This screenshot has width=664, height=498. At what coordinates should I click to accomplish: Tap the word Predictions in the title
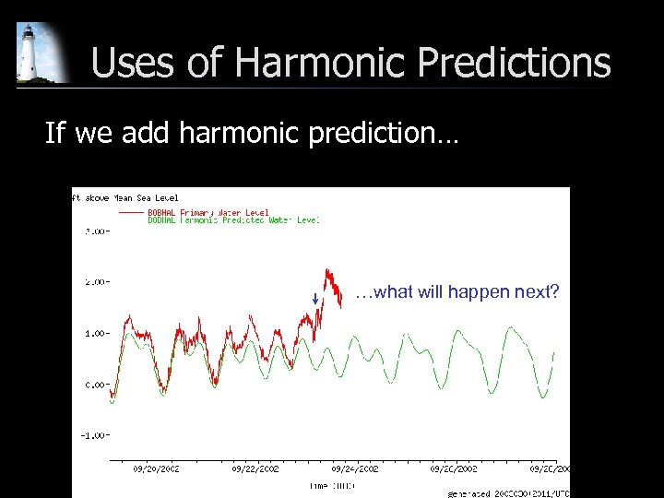click(x=515, y=63)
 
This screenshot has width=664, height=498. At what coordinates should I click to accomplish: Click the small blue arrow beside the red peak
click(x=314, y=298)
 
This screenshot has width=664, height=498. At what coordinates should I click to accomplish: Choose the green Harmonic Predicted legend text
click(x=233, y=220)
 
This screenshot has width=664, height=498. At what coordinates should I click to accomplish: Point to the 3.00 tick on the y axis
click(x=93, y=231)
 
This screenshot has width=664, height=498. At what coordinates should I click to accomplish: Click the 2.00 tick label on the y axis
click(x=93, y=282)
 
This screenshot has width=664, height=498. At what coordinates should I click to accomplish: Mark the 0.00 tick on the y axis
click(x=93, y=385)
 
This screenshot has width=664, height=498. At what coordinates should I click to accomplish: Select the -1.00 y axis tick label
click(x=91, y=435)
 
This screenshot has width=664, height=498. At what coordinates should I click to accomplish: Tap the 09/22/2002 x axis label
click(x=255, y=468)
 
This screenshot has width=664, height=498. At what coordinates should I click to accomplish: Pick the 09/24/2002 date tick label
click(x=355, y=468)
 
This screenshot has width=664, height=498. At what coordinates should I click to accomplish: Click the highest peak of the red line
click(x=326, y=269)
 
